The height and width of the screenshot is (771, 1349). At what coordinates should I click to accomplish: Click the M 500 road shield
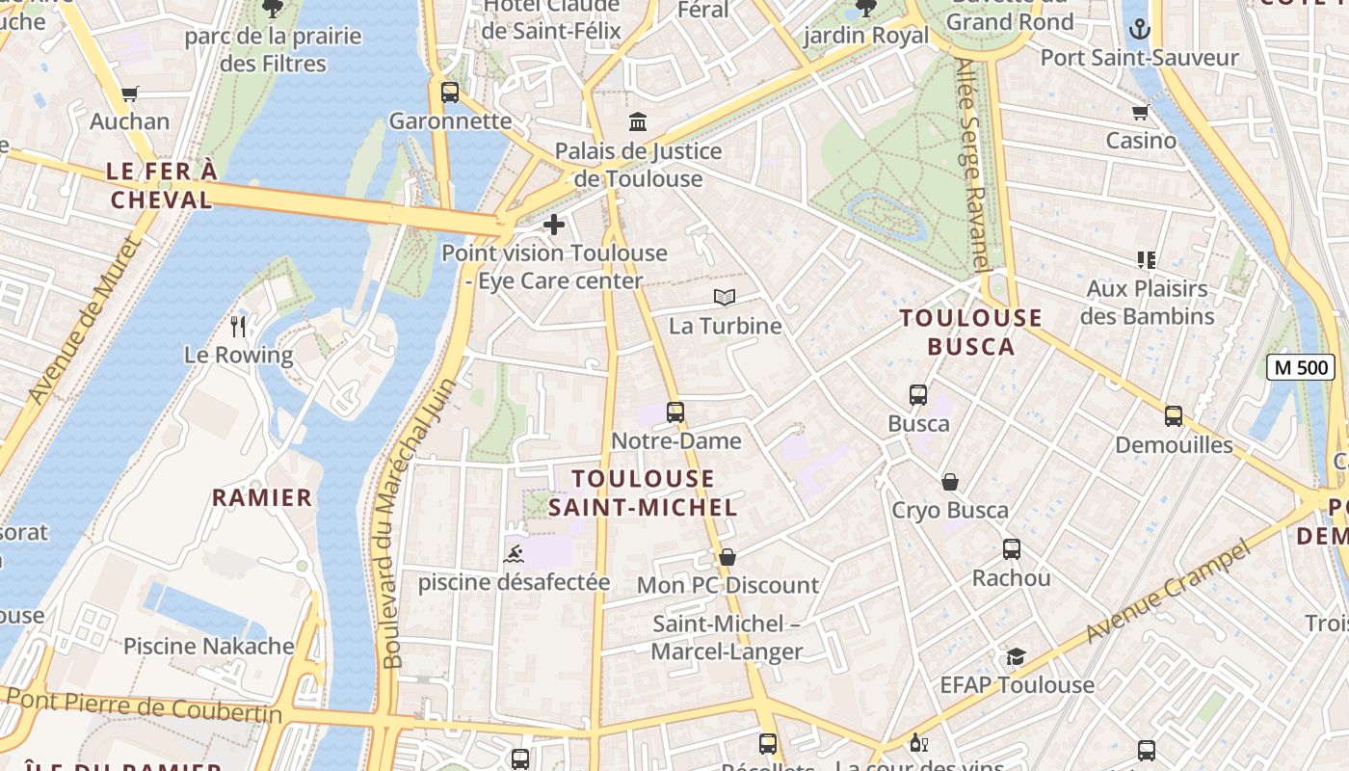[x=1300, y=367]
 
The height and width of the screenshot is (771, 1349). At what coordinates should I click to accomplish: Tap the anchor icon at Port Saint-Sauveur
[x=1140, y=29]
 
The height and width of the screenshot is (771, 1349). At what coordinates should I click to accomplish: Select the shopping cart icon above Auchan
[x=130, y=93]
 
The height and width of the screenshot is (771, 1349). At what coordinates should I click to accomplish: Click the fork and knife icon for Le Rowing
[x=239, y=327]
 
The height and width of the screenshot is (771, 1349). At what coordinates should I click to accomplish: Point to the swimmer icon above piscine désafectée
[x=515, y=554]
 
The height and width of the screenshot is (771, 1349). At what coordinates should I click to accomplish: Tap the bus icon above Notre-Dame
[x=675, y=412]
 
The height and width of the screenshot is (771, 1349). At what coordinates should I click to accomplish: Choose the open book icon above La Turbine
[x=725, y=298]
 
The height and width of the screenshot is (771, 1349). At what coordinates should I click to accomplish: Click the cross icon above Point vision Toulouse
[x=554, y=226]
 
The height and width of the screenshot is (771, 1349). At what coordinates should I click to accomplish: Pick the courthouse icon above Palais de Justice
[x=638, y=122]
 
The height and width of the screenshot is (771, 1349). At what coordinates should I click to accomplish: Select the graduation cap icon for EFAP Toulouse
[x=1016, y=656]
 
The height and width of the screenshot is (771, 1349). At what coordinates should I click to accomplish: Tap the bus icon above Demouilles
[x=1173, y=416]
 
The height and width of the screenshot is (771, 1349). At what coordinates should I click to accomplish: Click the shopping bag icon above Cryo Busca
[x=950, y=482]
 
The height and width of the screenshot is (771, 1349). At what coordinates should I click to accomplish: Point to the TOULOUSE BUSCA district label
[x=971, y=332]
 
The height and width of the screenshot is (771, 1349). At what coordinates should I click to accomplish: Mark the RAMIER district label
[x=262, y=497]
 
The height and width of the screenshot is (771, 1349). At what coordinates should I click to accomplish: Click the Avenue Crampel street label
[x=1168, y=592]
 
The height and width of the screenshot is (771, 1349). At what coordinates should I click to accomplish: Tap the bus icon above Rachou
[x=1011, y=549]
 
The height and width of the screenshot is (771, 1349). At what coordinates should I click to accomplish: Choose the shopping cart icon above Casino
[x=1141, y=113]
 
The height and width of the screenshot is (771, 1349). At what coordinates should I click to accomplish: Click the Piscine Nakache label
[x=208, y=646]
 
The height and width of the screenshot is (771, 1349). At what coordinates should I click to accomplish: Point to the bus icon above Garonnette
[x=450, y=93]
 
